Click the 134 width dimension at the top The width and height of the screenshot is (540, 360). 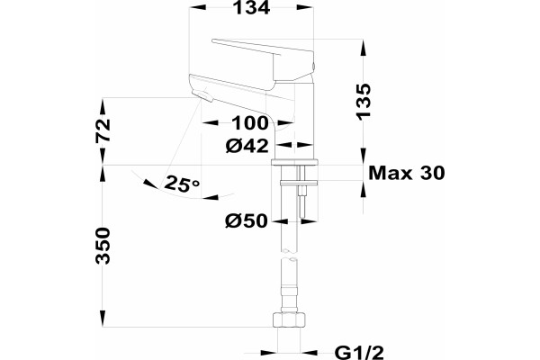click(251, 7)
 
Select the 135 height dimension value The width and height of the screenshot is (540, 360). click(364, 102)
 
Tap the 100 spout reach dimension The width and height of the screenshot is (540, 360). click(249, 123)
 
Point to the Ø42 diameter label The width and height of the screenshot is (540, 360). click(247, 146)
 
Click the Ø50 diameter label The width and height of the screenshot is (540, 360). click(247, 220)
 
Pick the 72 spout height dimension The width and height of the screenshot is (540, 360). click(103, 130)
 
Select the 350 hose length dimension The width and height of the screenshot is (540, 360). click(103, 246)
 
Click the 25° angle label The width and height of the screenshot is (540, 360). click(182, 184)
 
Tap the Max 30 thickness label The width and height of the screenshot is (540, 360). click(407, 173)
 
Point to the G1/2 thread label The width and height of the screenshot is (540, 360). click(359, 353)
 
